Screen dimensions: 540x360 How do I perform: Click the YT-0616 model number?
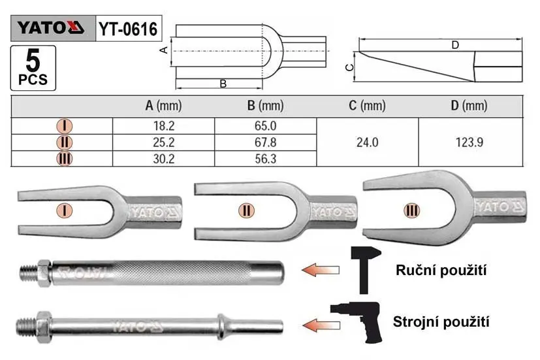click(128, 29)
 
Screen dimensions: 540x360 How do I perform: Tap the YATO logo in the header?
click(51, 27)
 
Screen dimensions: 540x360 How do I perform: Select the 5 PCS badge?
click(33, 68)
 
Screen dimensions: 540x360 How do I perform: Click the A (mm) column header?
click(164, 106)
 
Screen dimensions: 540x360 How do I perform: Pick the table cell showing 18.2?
click(164, 126)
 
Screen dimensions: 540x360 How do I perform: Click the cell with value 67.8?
click(266, 142)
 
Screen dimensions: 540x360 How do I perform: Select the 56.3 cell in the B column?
click(266, 159)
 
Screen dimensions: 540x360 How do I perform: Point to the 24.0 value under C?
click(368, 142)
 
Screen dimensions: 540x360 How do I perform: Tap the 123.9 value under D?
click(469, 142)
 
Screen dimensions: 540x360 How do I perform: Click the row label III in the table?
click(65, 159)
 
